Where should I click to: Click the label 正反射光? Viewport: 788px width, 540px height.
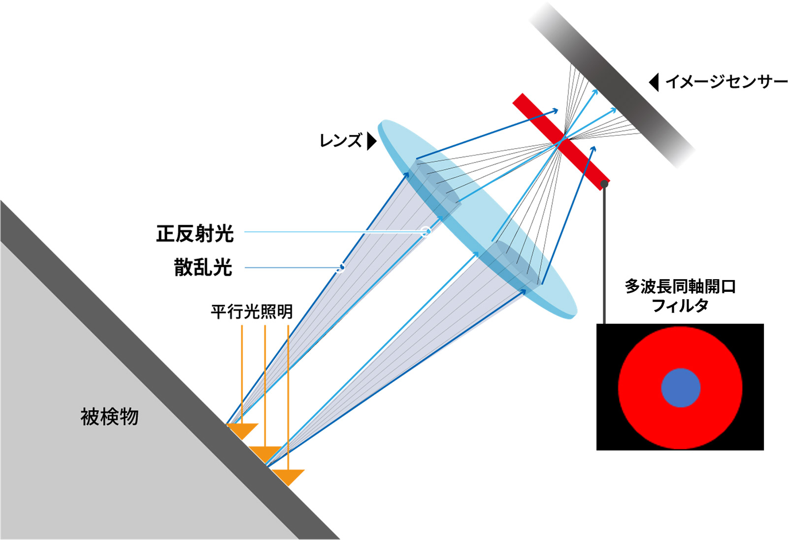(x=195, y=233)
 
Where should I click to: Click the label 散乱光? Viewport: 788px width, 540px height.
(x=203, y=267)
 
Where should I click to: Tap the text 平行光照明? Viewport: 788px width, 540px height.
(x=251, y=312)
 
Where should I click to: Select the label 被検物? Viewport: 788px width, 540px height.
(x=109, y=417)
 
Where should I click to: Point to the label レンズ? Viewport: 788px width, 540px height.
(x=340, y=141)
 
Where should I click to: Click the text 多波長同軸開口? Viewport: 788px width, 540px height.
(x=680, y=286)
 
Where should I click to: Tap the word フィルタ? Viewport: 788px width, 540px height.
(x=680, y=306)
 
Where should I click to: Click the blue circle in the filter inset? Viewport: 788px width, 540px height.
(x=681, y=388)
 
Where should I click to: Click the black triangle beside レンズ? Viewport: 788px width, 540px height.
(x=372, y=141)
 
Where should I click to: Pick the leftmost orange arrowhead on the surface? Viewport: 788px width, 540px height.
(x=242, y=430)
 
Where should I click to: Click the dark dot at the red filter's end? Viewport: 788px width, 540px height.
(x=604, y=184)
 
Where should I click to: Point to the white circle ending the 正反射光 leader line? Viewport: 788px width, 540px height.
(x=427, y=231)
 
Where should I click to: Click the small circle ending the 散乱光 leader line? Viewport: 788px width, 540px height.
(x=340, y=268)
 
